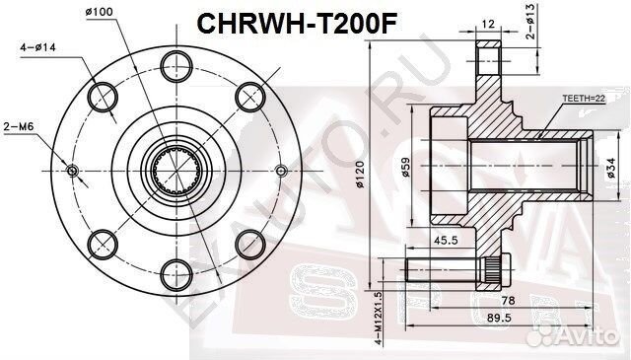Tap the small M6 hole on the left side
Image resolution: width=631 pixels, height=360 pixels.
click(70, 170)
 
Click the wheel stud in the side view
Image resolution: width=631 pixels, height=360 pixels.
click(454, 266)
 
